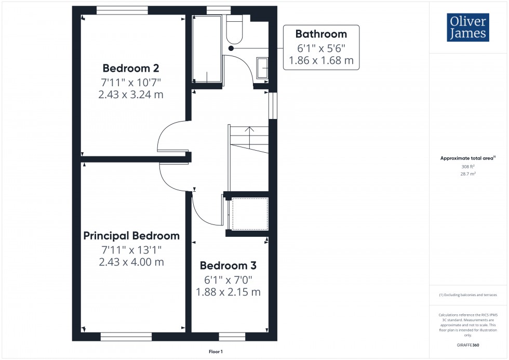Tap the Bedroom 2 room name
coord(130,68)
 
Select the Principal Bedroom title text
coord(131,236)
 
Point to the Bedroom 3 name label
coord(228,265)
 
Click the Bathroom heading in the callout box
coord(320,34)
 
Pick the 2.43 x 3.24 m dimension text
coord(131,95)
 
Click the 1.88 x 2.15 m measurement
coord(228,292)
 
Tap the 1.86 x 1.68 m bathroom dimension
coord(320,60)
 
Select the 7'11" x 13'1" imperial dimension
coord(131,249)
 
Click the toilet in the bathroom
coord(235,29)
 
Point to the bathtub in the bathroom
coord(207,48)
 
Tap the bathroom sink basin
coord(262,69)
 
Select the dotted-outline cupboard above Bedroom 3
coord(249,213)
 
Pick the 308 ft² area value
coord(468,167)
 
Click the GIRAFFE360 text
coord(468,344)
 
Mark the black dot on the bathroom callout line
coord(231,48)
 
